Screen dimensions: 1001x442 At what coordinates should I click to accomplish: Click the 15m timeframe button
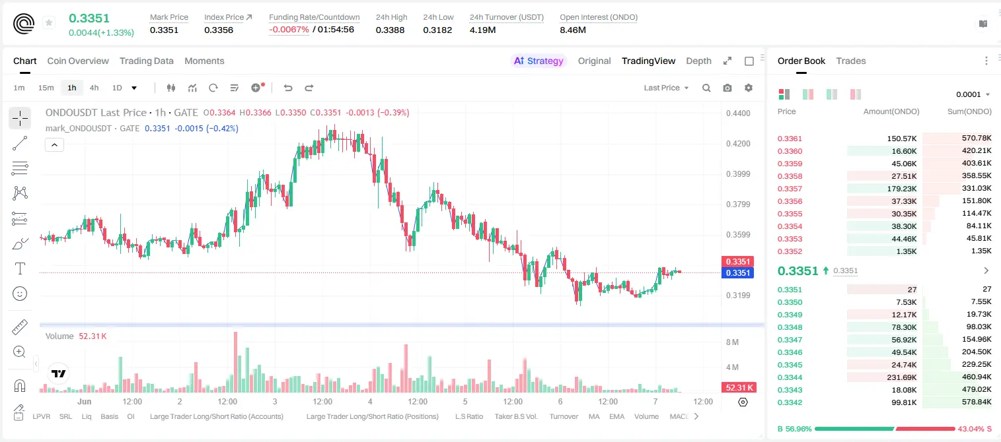point(46,88)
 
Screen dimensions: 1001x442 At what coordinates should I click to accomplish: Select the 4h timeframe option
point(94,88)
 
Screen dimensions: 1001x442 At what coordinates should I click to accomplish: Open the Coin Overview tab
point(78,61)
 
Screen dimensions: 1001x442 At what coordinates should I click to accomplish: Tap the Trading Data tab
point(146,61)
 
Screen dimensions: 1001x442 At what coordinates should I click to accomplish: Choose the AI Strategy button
point(538,61)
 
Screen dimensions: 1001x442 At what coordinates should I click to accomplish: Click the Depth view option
point(698,61)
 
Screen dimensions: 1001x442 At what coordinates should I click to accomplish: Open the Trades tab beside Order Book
point(851,61)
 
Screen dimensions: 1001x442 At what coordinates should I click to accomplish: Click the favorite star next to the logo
point(49,22)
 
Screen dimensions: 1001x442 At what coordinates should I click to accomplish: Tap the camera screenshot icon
point(727,88)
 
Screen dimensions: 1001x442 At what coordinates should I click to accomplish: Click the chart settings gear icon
point(749,88)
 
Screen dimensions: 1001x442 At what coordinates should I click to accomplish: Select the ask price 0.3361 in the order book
point(790,139)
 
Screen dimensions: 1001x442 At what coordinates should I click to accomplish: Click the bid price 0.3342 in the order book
point(790,402)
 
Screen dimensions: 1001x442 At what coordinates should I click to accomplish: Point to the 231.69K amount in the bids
point(901,377)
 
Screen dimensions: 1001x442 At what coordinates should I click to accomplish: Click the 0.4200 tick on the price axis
point(738,144)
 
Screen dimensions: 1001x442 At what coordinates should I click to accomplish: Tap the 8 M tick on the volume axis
point(733,342)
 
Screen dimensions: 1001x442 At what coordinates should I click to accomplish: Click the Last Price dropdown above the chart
point(666,88)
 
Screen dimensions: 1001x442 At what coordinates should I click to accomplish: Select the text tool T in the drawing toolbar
point(20,268)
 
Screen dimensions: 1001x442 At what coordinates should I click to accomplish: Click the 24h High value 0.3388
point(390,30)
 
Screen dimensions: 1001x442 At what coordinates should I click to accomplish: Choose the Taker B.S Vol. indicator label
point(515,416)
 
